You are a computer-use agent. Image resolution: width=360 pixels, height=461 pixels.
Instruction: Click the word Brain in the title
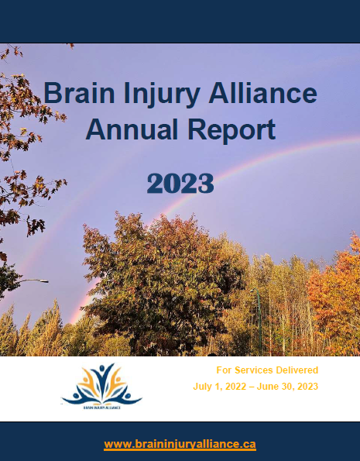click(x=79, y=93)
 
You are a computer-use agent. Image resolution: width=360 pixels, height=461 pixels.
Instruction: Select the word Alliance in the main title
click(x=263, y=93)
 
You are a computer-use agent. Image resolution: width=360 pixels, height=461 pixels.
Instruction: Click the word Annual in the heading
click(x=132, y=129)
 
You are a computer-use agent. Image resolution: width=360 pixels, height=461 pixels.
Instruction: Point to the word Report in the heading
click(x=231, y=131)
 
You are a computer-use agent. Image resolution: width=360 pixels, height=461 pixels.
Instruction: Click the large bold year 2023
click(x=180, y=183)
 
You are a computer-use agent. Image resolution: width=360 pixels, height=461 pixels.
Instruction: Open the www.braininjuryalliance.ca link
click(x=180, y=444)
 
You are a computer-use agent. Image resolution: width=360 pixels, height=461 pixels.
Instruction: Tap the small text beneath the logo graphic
click(x=102, y=408)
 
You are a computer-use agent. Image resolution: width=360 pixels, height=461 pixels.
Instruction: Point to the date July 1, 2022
click(x=220, y=387)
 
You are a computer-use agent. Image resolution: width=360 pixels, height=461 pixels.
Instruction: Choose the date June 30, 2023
click(x=287, y=387)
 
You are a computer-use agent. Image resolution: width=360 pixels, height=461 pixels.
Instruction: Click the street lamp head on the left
click(x=44, y=281)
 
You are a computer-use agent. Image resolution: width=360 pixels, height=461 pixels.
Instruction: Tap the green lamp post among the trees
click(x=259, y=321)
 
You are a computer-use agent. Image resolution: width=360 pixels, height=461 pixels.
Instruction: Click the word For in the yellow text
click(x=224, y=370)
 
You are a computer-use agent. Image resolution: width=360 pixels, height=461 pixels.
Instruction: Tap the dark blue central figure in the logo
click(x=102, y=380)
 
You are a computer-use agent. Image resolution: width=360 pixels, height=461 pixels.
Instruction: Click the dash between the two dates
click(x=252, y=387)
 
